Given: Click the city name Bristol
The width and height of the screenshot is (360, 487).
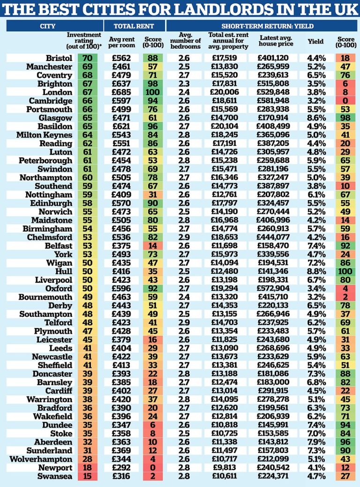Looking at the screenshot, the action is [59, 58].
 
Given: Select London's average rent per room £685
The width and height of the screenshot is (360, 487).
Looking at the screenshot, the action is [122, 92].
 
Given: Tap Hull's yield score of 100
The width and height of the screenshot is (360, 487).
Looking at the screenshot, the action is [345, 271].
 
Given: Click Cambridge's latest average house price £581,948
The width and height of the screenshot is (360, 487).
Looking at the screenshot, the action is [273, 101].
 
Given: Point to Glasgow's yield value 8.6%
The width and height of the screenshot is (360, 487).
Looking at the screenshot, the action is [316, 118].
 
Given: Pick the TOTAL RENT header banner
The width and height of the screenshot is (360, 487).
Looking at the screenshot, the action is [134, 26].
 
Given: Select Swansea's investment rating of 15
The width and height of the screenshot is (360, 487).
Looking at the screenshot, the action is [87, 476].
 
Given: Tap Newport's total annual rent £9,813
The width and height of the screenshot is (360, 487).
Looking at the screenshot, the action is [225, 467].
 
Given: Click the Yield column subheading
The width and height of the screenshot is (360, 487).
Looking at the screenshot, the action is [315, 41].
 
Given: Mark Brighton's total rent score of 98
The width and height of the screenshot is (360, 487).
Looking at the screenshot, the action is [153, 83].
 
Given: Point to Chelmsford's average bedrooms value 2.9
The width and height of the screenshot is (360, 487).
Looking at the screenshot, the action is [184, 237].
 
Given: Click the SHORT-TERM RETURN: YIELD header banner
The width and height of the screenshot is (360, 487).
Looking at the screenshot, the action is [263, 26].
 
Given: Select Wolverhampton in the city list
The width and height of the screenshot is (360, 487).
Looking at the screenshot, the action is [41, 459].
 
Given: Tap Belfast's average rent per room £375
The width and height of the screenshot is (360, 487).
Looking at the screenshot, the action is [122, 246].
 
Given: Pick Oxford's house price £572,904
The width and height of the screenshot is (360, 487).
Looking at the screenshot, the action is [273, 288].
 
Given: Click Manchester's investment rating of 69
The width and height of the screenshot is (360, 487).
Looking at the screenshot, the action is [87, 67].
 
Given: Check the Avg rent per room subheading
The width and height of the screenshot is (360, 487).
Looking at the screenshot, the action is [122, 42].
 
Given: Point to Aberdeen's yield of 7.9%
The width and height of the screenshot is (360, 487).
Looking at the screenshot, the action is [316, 442].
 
